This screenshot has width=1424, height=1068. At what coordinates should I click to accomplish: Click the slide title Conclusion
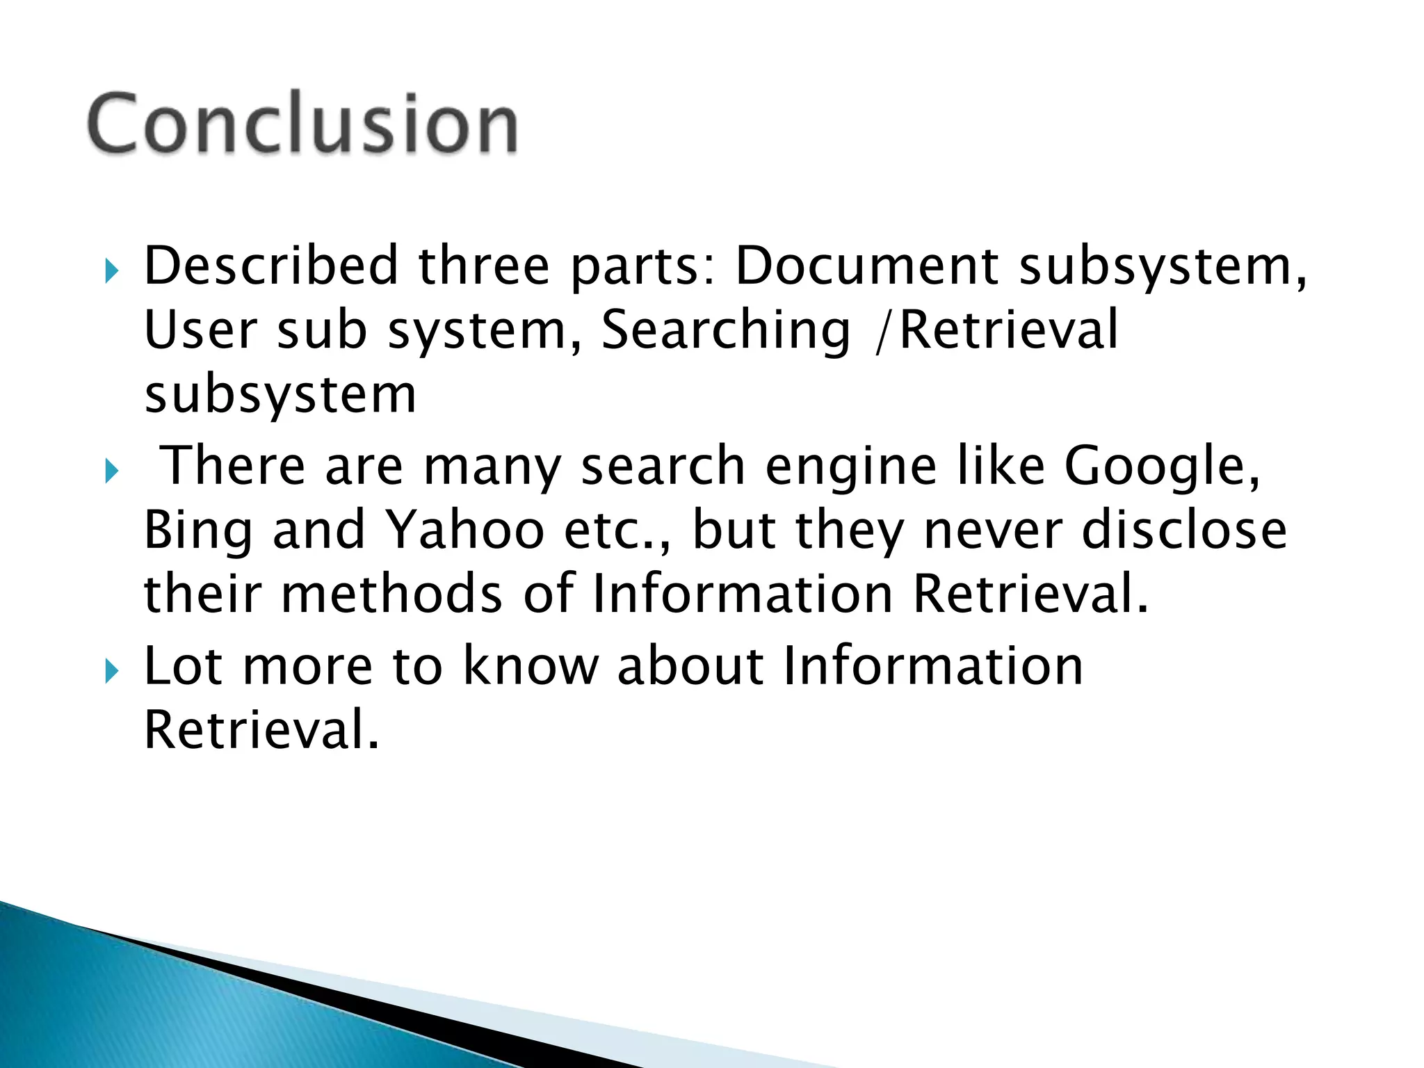coord(302,124)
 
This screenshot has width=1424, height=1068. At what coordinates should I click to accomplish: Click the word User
coord(200,330)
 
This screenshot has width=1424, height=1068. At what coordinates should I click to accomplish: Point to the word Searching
coord(725,331)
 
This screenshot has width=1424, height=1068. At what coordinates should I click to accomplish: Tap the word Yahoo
coord(464,530)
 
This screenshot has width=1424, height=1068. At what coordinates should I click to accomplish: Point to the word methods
coord(391,594)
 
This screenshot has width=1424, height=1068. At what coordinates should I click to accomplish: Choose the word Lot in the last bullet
coord(184,665)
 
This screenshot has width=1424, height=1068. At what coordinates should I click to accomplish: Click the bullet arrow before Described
coord(111,270)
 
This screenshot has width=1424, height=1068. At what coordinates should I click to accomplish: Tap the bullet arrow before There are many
coord(111,471)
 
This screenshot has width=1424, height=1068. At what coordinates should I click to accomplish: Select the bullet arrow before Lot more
coord(111,671)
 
